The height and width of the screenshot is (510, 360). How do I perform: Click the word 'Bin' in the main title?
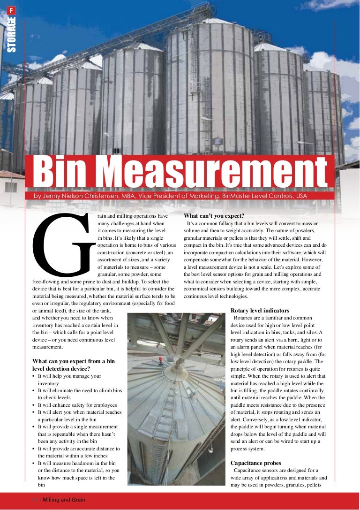point(65,171)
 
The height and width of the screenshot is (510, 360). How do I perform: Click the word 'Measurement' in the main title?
point(214,171)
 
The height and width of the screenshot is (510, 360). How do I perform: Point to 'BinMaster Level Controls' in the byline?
point(256,196)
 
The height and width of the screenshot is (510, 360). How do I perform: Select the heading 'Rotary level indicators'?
point(260,311)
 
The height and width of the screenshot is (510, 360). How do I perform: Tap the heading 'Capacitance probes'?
point(256,463)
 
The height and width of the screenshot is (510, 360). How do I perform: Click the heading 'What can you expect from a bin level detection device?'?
point(74,365)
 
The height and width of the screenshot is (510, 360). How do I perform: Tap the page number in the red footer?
point(35,500)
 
